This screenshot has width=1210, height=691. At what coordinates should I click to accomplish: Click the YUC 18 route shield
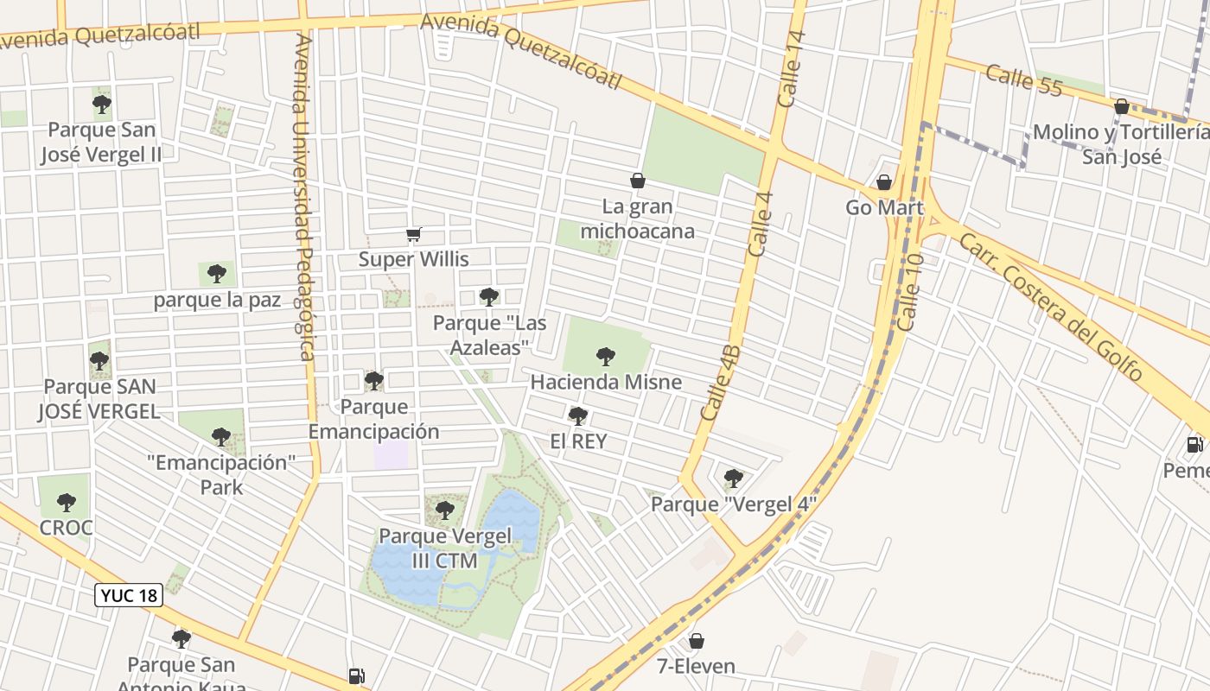tap(128, 595)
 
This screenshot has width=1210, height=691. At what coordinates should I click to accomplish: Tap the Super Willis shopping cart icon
tap(414, 235)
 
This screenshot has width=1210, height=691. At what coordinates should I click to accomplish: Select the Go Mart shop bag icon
tap(883, 182)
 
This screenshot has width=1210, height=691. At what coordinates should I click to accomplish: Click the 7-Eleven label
tap(696, 666)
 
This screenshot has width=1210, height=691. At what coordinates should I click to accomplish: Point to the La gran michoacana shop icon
tap(638, 181)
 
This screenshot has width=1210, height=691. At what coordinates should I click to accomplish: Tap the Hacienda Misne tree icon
tap(606, 356)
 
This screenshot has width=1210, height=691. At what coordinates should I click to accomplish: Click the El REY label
tap(578, 441)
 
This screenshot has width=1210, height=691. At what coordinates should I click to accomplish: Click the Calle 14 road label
tap(791, 69)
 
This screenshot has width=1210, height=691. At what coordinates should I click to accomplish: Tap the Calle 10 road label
tap(911, 291)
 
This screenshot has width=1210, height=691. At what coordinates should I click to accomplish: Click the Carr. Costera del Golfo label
tap(1050, 307)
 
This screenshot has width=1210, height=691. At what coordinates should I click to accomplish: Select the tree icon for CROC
tap(67, 502)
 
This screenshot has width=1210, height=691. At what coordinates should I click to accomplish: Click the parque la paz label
tap(218, 301)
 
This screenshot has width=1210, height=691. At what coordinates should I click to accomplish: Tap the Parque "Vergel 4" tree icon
tap(733, 478)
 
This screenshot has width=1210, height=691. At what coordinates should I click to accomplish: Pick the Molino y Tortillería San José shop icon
tap(1121, 106)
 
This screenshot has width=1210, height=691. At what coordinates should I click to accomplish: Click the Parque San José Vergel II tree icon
tap(102, 105)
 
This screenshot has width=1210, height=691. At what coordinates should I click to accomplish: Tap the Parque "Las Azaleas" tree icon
tap(489, 297)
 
